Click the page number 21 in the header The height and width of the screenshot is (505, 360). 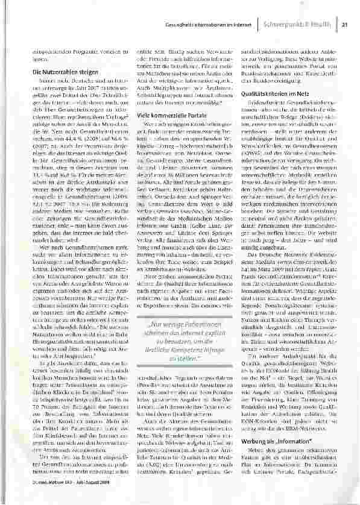(345, 25)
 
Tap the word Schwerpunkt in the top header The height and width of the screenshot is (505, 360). (282, 25)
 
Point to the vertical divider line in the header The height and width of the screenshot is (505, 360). (254, 25)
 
